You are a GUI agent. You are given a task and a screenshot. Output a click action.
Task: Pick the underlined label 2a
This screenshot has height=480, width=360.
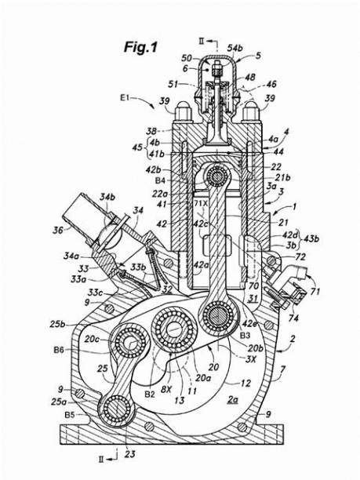(x=235, y=399)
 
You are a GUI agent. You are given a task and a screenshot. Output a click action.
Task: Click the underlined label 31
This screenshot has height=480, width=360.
(x=253, y=297)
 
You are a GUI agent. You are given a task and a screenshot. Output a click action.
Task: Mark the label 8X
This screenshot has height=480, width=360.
(x=165, y=387)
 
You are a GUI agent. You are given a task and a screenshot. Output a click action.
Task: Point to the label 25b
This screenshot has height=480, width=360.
(x=56, y=323)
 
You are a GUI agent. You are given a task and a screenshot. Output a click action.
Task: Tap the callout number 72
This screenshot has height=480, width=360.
(x=300, y=257)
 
